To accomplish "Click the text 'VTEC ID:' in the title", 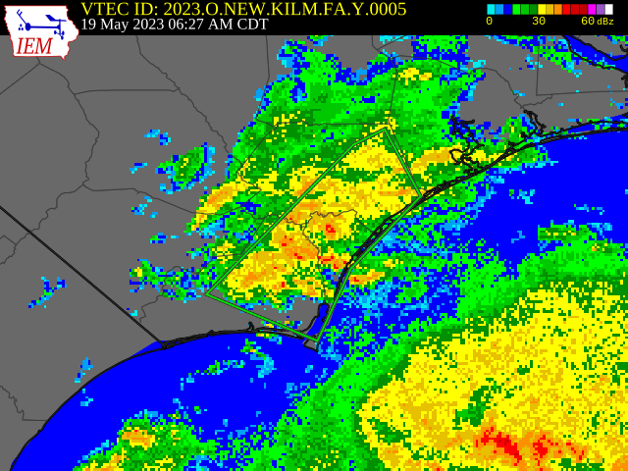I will pyautogui.click(x=120, y=9).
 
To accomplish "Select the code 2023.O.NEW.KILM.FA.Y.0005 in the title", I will pyautogui.click(x=285, y=9).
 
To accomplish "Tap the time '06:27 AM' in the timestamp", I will pyautogui.click(x=206, y=25).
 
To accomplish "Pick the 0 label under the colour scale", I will pyautogui.click(x=490, y=22).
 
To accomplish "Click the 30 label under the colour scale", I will pyautogui.click(x=539, y=22).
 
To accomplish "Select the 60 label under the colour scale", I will pyautogui.click(x=587, y=22).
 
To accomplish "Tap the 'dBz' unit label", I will pyautogui.click(x=605, y=22).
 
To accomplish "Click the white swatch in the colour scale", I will pyautogui.click(x=608, y=9).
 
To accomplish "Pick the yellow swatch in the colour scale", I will pyautogui.click(x=542, y=9).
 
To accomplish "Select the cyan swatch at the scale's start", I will pyautogui.click(x=491, y=9).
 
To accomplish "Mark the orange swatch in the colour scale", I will pyautogui.click(x=558, y=9).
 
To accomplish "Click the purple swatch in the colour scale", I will pyautogui.click(x=600, y=9).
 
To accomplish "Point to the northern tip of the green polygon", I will pyautogui.click(x=388, y=127).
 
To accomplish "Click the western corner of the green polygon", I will pyautogui.click(x=207, y=292).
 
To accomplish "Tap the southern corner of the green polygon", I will pyautogui.click(x=317, y=340).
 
